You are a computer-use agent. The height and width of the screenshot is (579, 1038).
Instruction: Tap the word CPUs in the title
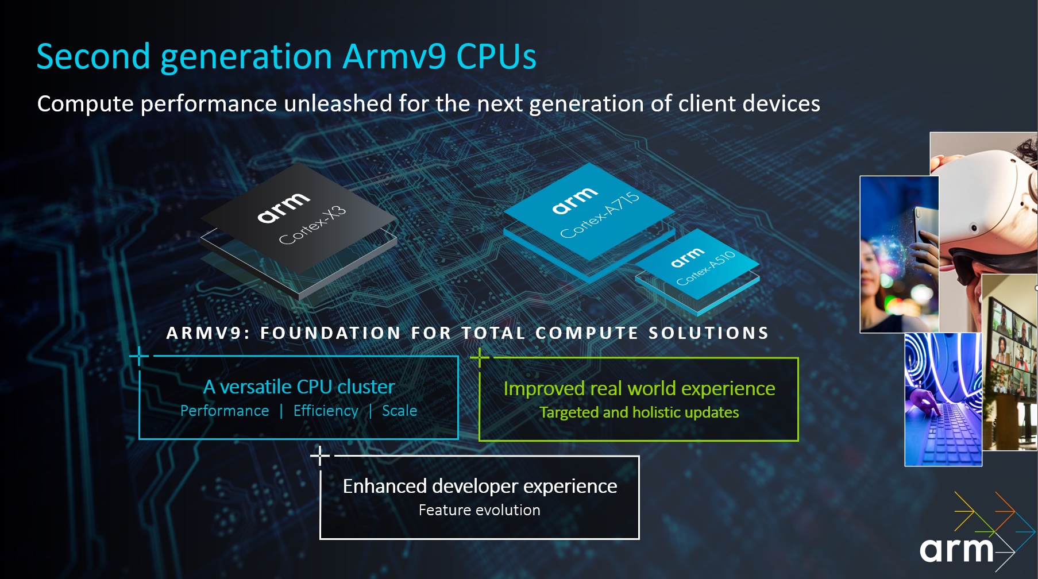click(496, 57)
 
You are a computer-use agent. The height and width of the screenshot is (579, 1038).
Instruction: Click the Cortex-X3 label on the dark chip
click(312, 225)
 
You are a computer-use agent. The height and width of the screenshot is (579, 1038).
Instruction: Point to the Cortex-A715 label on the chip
click(600, 215)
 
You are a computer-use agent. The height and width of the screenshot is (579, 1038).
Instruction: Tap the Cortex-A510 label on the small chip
click(706, 268)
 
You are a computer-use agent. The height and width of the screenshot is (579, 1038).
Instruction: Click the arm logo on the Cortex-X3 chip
click(283, 207)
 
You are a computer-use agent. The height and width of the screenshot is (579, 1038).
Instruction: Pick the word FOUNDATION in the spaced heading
click(330, 333)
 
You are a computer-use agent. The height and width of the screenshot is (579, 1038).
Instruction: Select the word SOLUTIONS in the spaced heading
click(708, 333)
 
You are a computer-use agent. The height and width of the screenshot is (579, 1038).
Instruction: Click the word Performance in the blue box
click(225, 411)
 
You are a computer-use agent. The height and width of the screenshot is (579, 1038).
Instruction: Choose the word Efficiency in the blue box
click(326, 411)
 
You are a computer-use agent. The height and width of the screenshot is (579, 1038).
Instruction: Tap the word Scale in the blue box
click(399, 411)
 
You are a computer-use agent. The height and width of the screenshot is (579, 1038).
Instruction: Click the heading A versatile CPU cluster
click(299, 387)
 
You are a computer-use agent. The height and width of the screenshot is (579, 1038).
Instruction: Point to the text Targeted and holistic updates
click(639, 412)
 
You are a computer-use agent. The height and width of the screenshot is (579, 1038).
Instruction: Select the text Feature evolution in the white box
click(479, 510)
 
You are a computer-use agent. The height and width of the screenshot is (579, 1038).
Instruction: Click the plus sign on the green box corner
click(480, 357)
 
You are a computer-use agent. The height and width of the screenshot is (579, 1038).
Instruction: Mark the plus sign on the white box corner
click(320, 456)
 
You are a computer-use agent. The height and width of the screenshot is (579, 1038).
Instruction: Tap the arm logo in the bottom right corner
click(957, 550)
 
